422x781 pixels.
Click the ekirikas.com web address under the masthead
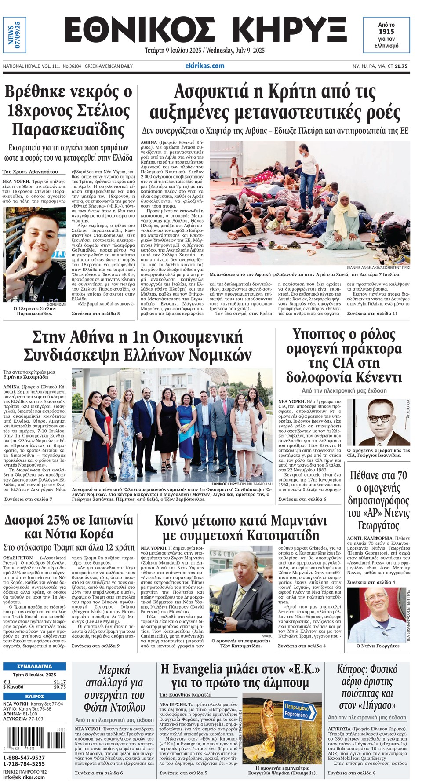(204, 66)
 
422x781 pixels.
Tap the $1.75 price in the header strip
(401, 66)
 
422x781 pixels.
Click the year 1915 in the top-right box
(386, 32)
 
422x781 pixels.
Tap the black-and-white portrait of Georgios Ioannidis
(378, 422)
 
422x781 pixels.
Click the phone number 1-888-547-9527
(24, 758)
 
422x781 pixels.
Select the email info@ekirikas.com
(24, 777)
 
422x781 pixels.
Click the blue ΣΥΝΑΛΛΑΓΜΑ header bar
(34, 666)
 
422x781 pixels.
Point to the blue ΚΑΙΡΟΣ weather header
(34, 697)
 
